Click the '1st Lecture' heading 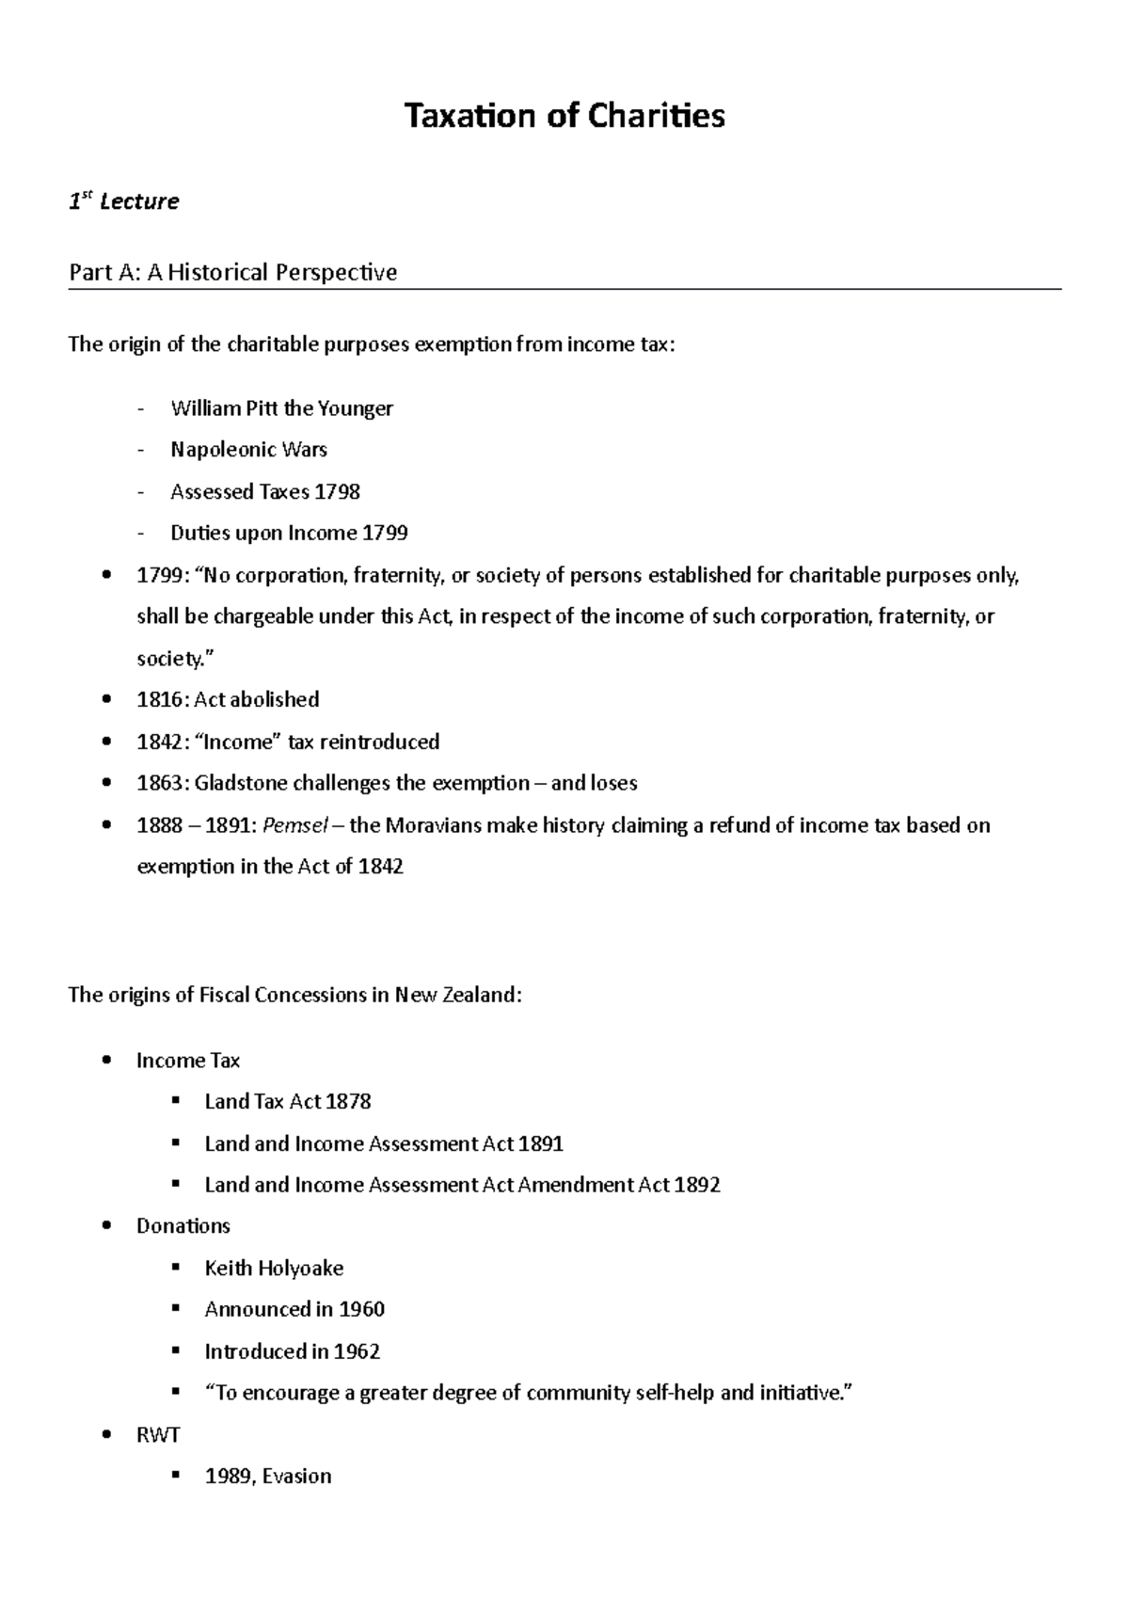click(x=123, y=201)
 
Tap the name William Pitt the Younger click(x=281, y=408)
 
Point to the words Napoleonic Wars click(x=248, y=450)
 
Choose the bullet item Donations click(x=183, y=1226)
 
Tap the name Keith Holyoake click(x=274, y=1269)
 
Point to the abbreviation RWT click(x=157, y=1435)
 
